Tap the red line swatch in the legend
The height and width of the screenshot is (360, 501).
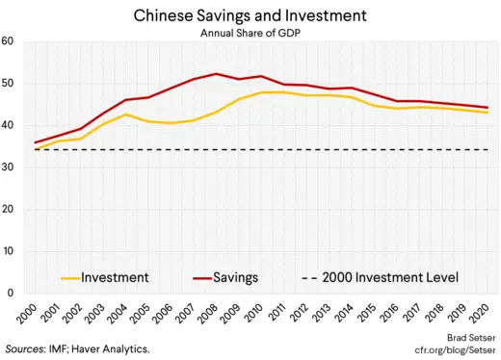[x=199, y=278]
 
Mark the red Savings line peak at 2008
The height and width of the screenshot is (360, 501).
[x=215, y=74]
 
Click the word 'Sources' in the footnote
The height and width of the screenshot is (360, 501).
[x=30, y=347]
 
